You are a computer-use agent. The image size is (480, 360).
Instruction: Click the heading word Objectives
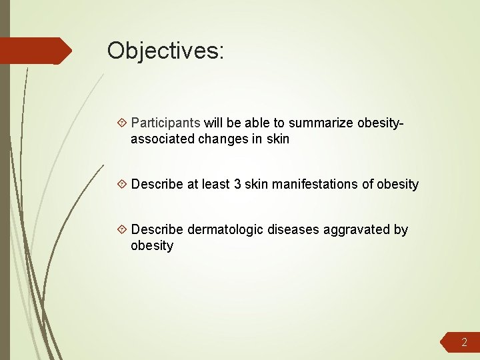(x=165, y=51)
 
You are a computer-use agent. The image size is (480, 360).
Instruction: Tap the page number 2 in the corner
(x=465, y=343)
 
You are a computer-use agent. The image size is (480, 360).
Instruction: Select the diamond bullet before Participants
(x=122, y=123)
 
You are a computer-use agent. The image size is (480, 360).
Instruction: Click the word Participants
(x=165, y=123)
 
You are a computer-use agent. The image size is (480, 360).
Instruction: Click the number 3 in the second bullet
(x=237, y=185)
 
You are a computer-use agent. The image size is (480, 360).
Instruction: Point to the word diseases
(x=294, y=230)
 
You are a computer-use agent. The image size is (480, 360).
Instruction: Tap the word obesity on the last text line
(x=152, y=246)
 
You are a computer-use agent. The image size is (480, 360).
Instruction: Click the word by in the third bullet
(x=401, y=230)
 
